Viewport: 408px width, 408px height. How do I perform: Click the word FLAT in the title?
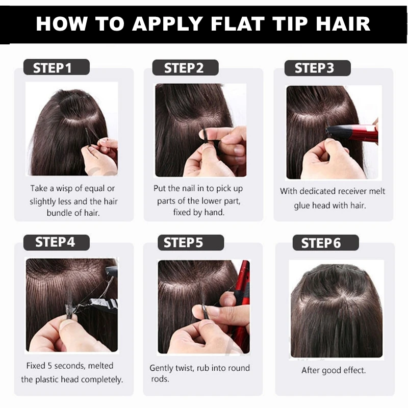click(237, 23)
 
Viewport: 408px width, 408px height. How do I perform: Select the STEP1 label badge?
click(57, 67)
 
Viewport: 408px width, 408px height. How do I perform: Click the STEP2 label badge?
click(185, 68)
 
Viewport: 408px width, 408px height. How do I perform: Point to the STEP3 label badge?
click(317, 68)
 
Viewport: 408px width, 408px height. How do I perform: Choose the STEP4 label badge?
click(57, 243)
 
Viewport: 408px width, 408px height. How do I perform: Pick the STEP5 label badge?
click(191, 243)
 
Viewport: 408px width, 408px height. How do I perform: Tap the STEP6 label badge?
click(326, 243)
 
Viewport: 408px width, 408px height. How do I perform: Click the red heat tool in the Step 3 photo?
click(352, 133)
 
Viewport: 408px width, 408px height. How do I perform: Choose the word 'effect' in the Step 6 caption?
click(354, 370)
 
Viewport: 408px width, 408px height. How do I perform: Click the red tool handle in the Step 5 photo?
click(241, 307)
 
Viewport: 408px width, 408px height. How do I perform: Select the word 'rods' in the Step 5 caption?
click(160, 379)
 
